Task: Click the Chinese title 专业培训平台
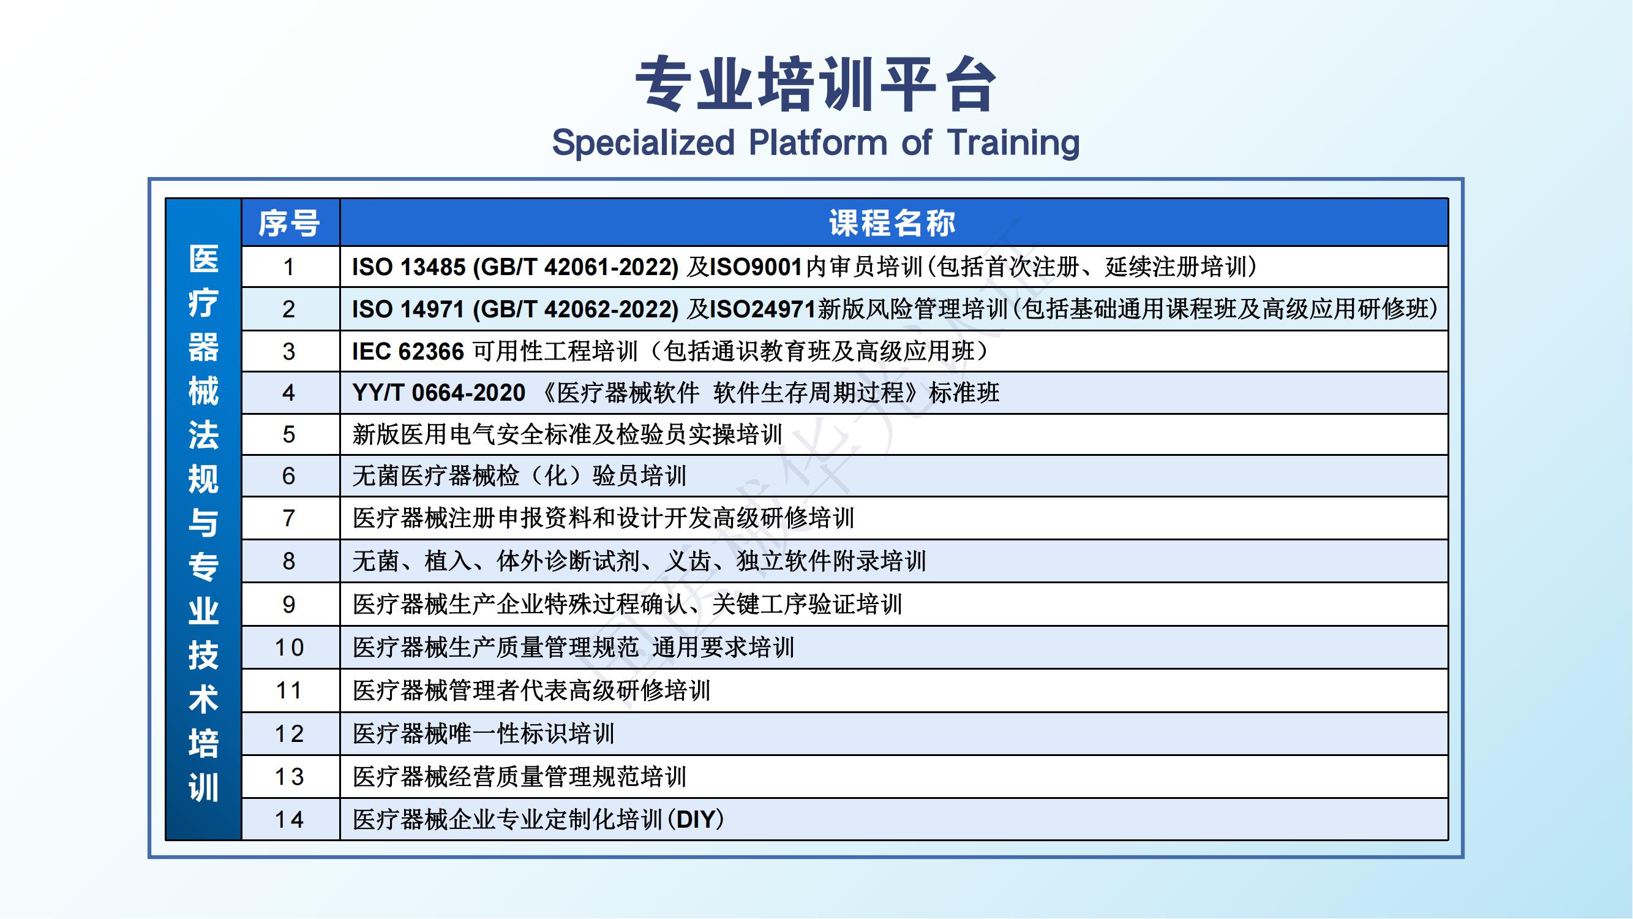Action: click(x=816, y=85)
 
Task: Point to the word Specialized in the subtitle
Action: click(x=643, y=143)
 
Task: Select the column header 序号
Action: click(x=289, y=222)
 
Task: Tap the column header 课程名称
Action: click(x=893, y=222)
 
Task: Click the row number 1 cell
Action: click(x=289, y=267)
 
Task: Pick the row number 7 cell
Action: click(x=289, y=518)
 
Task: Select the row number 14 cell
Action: click(x=289, y=819)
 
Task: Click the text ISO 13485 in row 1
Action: click(x=409, y=267)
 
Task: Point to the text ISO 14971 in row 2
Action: click(x=409, y=309)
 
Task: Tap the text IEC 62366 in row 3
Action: click(x=408, y=351)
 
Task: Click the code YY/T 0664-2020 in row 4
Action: click(x=438, y=393)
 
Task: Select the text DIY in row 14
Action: click(x=696, y=819)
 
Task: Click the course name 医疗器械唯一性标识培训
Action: click(x=484, y=734)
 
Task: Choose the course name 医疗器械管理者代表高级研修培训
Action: click(x=532, y=690)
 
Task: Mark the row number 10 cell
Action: click(x=289, y=648)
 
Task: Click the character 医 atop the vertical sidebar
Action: click(x=203, y=259)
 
